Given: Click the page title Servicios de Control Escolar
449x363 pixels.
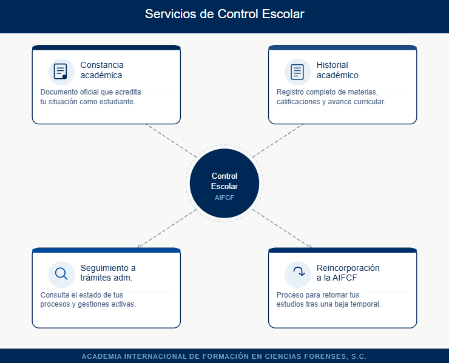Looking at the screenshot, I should [224, 14].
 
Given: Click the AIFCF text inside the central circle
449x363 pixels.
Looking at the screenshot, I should [224, 198].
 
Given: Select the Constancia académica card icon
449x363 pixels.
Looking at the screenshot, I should [61, 72].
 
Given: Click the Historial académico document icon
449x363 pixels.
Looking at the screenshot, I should [297, 72].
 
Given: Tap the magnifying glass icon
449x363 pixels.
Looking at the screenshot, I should [61, 274].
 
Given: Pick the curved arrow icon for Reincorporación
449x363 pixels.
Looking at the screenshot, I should [297, 274].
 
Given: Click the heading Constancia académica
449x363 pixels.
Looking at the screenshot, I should [102, 70].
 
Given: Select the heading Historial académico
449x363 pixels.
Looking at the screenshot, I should [337, 70].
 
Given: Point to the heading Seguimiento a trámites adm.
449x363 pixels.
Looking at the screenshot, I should [107, 273].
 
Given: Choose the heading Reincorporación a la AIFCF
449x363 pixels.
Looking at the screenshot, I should [348, 273].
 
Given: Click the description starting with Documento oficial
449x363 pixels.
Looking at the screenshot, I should [91, 97].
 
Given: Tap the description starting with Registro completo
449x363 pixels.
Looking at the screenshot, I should [331, 97].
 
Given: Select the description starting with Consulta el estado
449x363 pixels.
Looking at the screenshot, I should [88, 299].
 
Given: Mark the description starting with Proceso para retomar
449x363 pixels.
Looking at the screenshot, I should [328, 299].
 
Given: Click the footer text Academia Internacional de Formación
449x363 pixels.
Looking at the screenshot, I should [224, 356].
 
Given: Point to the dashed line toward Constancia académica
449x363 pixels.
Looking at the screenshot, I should [170, 140].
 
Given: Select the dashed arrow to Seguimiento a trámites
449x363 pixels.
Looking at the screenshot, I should [167, 228].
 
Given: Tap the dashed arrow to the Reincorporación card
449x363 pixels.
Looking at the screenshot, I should [282, 228].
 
